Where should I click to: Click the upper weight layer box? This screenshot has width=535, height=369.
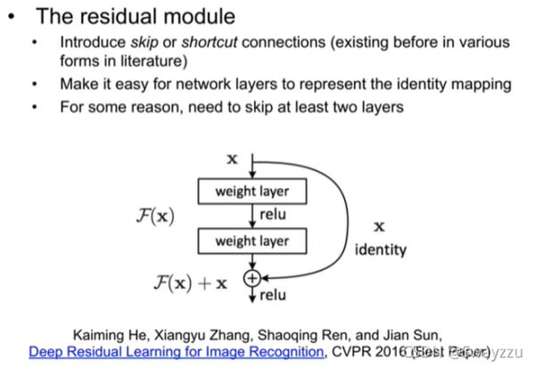(252, 192)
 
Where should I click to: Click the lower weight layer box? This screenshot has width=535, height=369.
(252, 240)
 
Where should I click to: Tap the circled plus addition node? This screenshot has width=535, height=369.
(251, 278)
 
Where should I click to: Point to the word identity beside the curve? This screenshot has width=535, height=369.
(380, 250)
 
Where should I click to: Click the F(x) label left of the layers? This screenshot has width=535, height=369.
(152, 216)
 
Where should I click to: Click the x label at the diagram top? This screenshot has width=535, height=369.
(233, 160)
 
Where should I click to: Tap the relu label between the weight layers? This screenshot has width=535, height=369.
(273, 215)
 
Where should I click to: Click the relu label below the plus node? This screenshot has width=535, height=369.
(273, 295)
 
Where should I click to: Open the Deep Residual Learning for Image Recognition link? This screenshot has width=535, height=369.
(176, 352)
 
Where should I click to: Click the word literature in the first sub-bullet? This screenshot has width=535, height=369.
(223, 62)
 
